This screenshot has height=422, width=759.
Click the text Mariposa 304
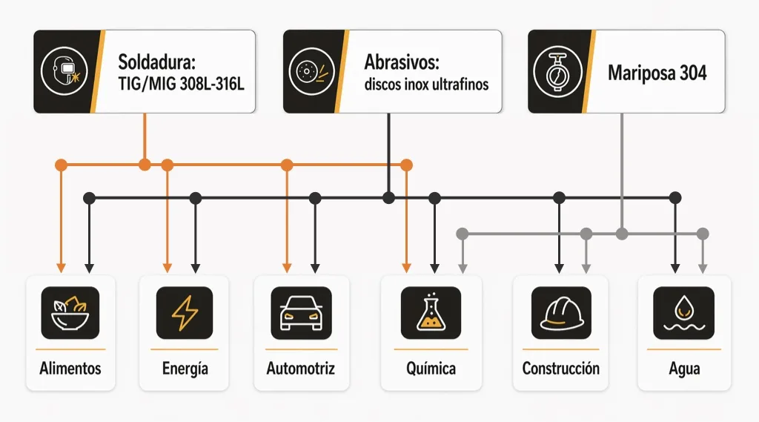coord(657,73)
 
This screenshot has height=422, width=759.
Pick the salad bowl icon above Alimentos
coord(70,313)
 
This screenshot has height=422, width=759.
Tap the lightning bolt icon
coord(185,313)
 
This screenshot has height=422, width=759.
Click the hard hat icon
coord(560,313)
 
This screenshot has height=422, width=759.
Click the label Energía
coord(185,369)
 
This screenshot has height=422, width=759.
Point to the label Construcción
coord(560,369)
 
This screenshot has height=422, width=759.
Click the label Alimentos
coord(70,369)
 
